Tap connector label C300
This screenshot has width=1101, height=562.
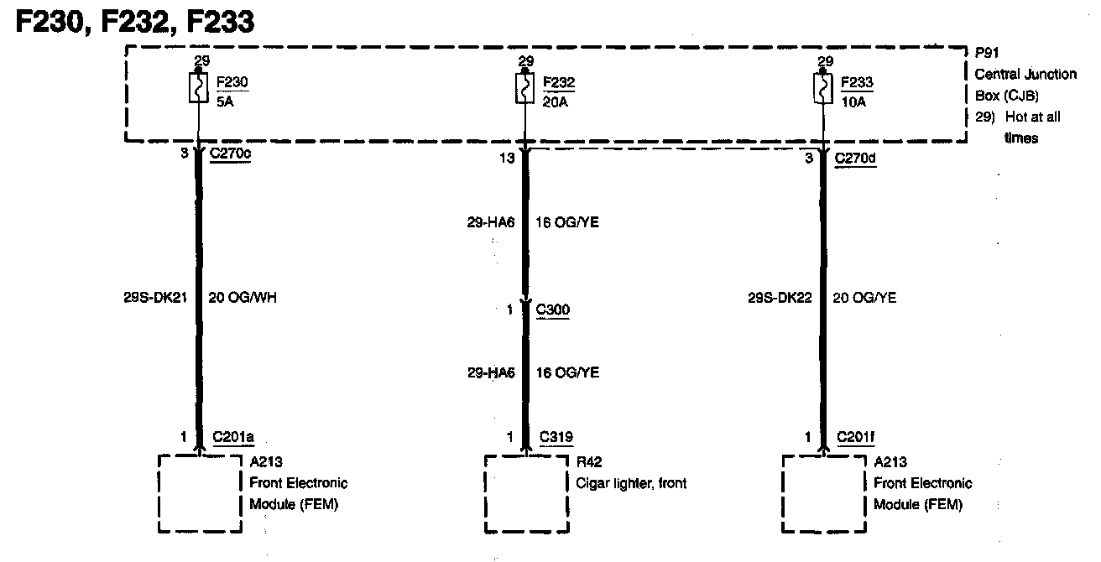(x=552, y=310)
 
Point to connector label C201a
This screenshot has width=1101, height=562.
(x=233, y=437)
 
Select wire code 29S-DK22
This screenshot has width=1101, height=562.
(x=780, y=297)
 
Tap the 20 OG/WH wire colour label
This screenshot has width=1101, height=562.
(x=242, y=297)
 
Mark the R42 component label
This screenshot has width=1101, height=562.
(x=589, y=462)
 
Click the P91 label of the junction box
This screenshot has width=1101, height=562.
(x=987, y=53)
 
